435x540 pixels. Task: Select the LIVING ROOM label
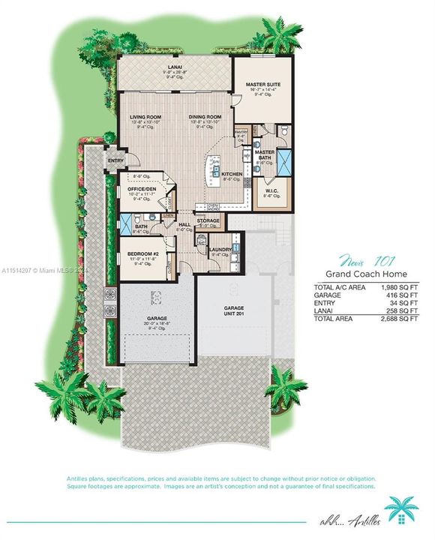(x=145, y=117)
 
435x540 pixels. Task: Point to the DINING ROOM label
(x=205, y=117)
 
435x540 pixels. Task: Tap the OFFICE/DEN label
(x=139, y=189)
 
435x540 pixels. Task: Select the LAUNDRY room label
(x=220, y=250)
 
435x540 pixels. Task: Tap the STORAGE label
(x=208, y=220)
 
